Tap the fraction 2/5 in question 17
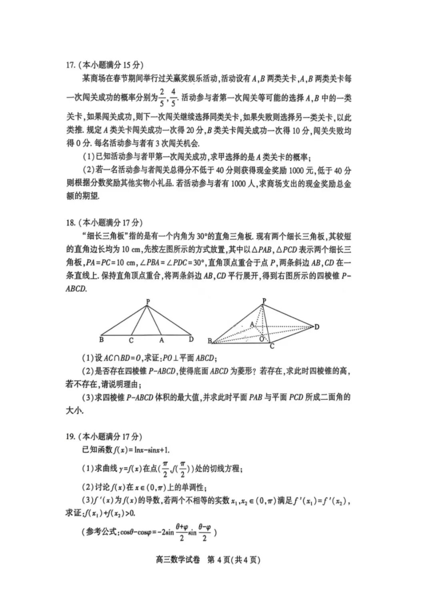click(x=162, y=97)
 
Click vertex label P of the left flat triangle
click(x=148, y=302)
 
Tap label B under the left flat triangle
click(x=101, y=340)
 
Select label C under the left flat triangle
click(x=131, y=341)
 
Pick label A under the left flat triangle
click(x=162, y=340)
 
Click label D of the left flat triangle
click(x=191, y=340)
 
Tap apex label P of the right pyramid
click(x=264, y=301)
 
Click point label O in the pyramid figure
click(x=261, y=339)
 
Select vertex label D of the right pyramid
click(x=317, y=327)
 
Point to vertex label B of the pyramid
click(x=210, y=341)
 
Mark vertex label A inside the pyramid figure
click(x=252, y=324)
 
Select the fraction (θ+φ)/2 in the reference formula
click(x=182, y=532)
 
